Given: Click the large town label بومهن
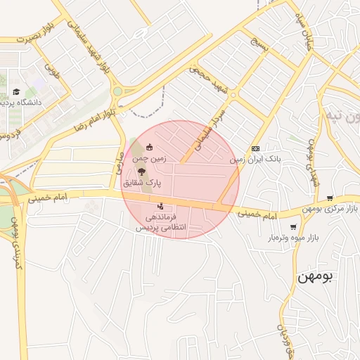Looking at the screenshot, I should pyautogui.click(x=317, y=276).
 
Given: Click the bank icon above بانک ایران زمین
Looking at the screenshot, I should pyautogui.click(x=255, y=149).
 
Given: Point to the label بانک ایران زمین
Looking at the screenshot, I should pyautogui.click(x=257, y=160).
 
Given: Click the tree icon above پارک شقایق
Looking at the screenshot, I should pyautogui.click(x=141, y=172).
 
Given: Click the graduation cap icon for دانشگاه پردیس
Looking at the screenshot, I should pyautogui.click(x=15, y=92).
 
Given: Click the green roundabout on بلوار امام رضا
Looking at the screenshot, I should pyautogui.click(x=117, y=91).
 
